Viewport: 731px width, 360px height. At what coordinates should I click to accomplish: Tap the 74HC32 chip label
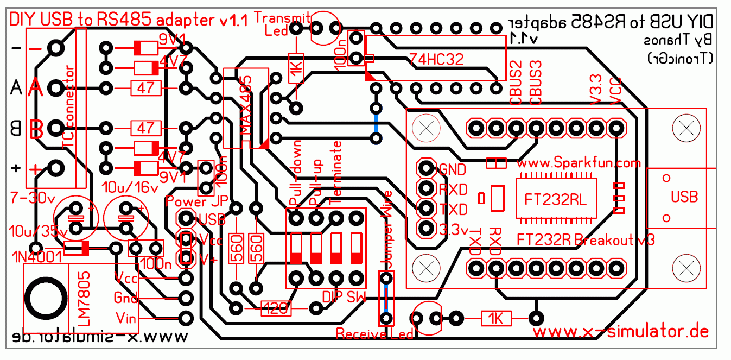[436, 59]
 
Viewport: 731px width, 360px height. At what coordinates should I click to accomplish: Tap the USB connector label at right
[684, 197]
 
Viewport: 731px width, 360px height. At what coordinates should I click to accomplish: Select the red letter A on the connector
[35, 87]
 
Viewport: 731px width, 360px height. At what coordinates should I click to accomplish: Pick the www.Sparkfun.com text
[579, 163]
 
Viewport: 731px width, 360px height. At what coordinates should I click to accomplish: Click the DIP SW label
[344, 296]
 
